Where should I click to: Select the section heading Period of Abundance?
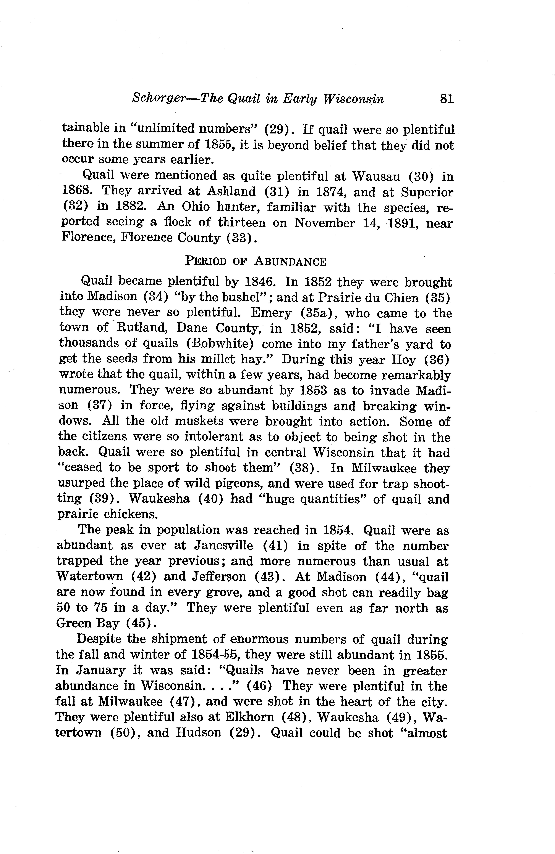pyautogui.click(x=256, y=262)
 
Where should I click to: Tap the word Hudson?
pyautogui.click(x=198, y=732)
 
